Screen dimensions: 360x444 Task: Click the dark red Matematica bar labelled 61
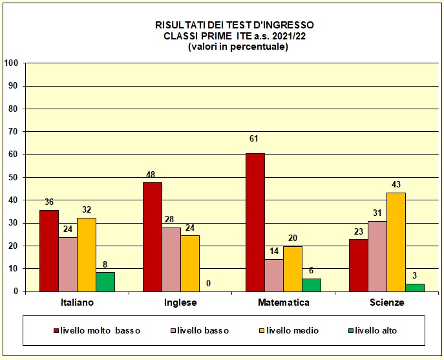[255, 222]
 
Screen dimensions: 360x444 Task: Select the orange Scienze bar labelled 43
[396, 242]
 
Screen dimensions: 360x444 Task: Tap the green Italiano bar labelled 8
[105, 282]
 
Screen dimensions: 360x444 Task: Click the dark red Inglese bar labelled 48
[153, 237]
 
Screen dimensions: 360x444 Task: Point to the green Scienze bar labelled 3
[414, 288]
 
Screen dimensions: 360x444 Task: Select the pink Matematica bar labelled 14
[273, 275]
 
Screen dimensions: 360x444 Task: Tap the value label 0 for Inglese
[209, 283]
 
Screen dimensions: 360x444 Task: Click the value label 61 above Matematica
[255, 139]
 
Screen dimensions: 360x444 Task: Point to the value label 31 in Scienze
[377, 213]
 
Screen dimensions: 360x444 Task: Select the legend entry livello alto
[375, 331]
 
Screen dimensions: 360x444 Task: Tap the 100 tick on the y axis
[11, 63]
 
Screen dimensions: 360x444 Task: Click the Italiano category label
[77, 302]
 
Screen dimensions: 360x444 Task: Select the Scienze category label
[386, 302]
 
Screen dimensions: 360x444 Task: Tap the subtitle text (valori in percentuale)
[238, 47]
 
